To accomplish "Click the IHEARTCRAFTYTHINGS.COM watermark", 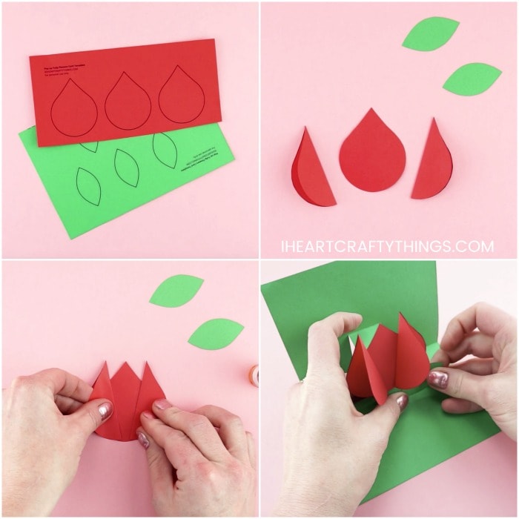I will (387, 246).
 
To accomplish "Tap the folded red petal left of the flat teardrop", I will (311, 168).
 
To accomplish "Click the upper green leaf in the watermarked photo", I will (431, 33).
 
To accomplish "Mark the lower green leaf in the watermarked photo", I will (472, 79).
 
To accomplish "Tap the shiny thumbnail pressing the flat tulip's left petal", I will (105, 410).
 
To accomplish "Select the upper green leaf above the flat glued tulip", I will (176, 290).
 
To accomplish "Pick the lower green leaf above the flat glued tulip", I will (216, 334).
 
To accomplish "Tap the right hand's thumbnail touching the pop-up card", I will (437, 380).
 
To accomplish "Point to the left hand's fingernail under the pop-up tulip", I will (401, 401).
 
